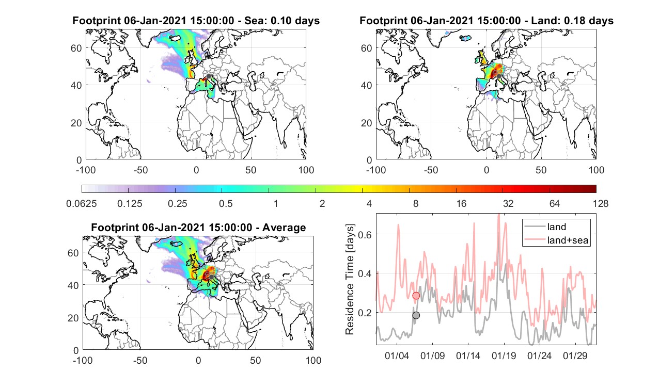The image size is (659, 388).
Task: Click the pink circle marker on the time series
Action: coord(416,296)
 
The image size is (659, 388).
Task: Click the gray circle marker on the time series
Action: coord(416,315)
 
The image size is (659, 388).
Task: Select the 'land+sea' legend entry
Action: coord(556,240)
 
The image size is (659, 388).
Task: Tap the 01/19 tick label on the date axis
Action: coord(504,356)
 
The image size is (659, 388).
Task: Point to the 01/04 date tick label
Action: coord(397,356)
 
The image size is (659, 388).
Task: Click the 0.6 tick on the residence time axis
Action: coord(365,235)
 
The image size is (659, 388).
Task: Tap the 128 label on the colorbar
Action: coord(600,203)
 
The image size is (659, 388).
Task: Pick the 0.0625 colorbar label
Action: coord(82,203)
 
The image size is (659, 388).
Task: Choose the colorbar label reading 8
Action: coord(415,203)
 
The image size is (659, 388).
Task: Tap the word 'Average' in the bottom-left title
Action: coord(284,228)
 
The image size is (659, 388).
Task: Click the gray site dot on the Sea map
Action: coord(209,76)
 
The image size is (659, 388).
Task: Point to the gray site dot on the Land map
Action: coord(499,76)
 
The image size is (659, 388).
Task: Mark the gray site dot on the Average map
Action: coord(211,277)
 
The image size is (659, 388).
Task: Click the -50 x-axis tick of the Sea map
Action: coord(140,170)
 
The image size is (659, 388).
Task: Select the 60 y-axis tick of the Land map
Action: coord(366,48)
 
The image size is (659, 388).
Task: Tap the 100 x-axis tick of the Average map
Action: coord(313,360)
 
